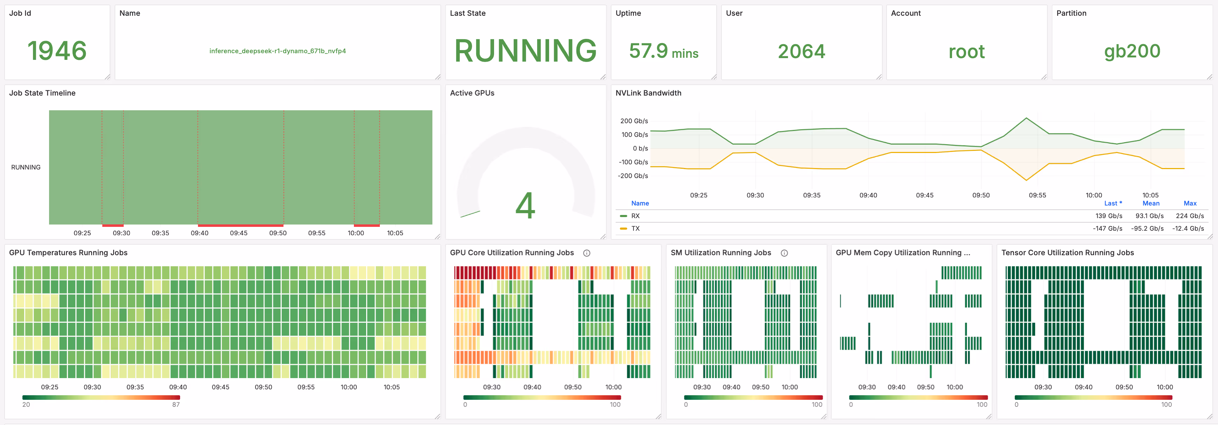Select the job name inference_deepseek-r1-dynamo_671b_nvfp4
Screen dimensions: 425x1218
[278, 51]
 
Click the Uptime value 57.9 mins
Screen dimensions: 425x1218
[663, 51]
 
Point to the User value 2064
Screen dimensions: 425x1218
[801, 51]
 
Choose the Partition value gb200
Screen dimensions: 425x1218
[1132, 51]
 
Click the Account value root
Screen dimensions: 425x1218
[966, 51]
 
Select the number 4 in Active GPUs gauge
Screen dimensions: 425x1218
[525, 205]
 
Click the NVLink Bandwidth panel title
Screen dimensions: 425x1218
[648, 93]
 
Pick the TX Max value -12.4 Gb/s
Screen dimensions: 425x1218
[1188, 229]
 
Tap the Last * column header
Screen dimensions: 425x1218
[1113, 203]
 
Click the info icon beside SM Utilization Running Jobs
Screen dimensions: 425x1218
[784, 253]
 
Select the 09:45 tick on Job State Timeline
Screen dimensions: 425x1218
[238, 233]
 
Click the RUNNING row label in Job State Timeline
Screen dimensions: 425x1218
[26, 167]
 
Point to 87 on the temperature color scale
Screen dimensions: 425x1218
[176, 405]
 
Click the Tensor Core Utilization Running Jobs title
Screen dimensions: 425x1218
[1067, 253]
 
